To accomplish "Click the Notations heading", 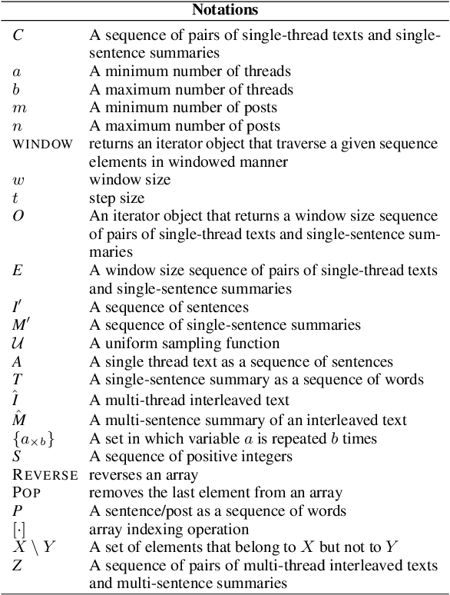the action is [224, 10].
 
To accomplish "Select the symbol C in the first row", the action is [18, 35].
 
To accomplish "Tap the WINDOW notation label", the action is [43, 144].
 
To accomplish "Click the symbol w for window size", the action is [18, 179].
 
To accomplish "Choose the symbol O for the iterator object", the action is [18, 215].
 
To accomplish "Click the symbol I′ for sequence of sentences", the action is [19, 306].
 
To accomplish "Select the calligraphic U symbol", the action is [18, 342].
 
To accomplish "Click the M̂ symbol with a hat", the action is [19, 419].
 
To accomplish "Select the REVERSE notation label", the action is [45, 474].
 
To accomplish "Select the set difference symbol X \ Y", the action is [33, 547].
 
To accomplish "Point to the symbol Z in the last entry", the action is [18, 566].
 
